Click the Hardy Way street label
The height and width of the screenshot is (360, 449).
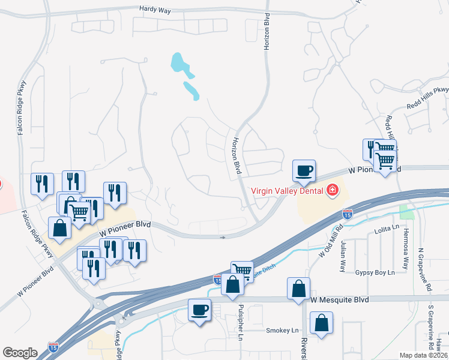pyautogui.click(x=155, y=9)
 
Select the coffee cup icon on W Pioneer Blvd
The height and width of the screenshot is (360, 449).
pyautogui.click(x=304, y=170)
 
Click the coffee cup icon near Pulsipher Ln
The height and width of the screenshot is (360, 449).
pyautogui.click(x=200, y=310)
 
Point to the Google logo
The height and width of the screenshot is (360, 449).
pyautogui.click(x=20, y=353)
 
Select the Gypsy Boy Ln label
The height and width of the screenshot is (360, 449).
pyautogui.click(x=375, y=272)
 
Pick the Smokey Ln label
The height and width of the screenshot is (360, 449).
pyautogui.click(x=282, y=331)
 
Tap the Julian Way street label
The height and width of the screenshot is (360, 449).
pyautogui.click(x=343, y=256)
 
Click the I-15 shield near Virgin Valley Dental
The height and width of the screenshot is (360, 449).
pyautogui.click(x=347, y=213)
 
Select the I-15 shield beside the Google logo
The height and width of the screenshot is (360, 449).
pyautogui.click(x=53, y=347)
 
